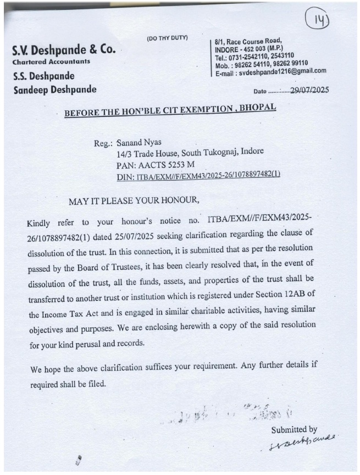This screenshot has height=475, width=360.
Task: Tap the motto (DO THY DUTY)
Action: tap(167, 38)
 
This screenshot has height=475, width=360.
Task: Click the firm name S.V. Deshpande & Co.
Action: tap(64, 50)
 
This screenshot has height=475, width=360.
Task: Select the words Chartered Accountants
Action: tap(51, 62)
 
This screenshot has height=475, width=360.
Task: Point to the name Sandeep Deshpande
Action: tap(54, 89)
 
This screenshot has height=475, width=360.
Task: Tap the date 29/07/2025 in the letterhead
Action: tap(308, 90)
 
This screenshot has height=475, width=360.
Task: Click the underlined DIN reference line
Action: tap(198, 175)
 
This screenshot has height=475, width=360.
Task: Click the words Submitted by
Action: tap(294, 430)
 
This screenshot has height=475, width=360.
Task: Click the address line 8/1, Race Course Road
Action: tap(249, 40)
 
